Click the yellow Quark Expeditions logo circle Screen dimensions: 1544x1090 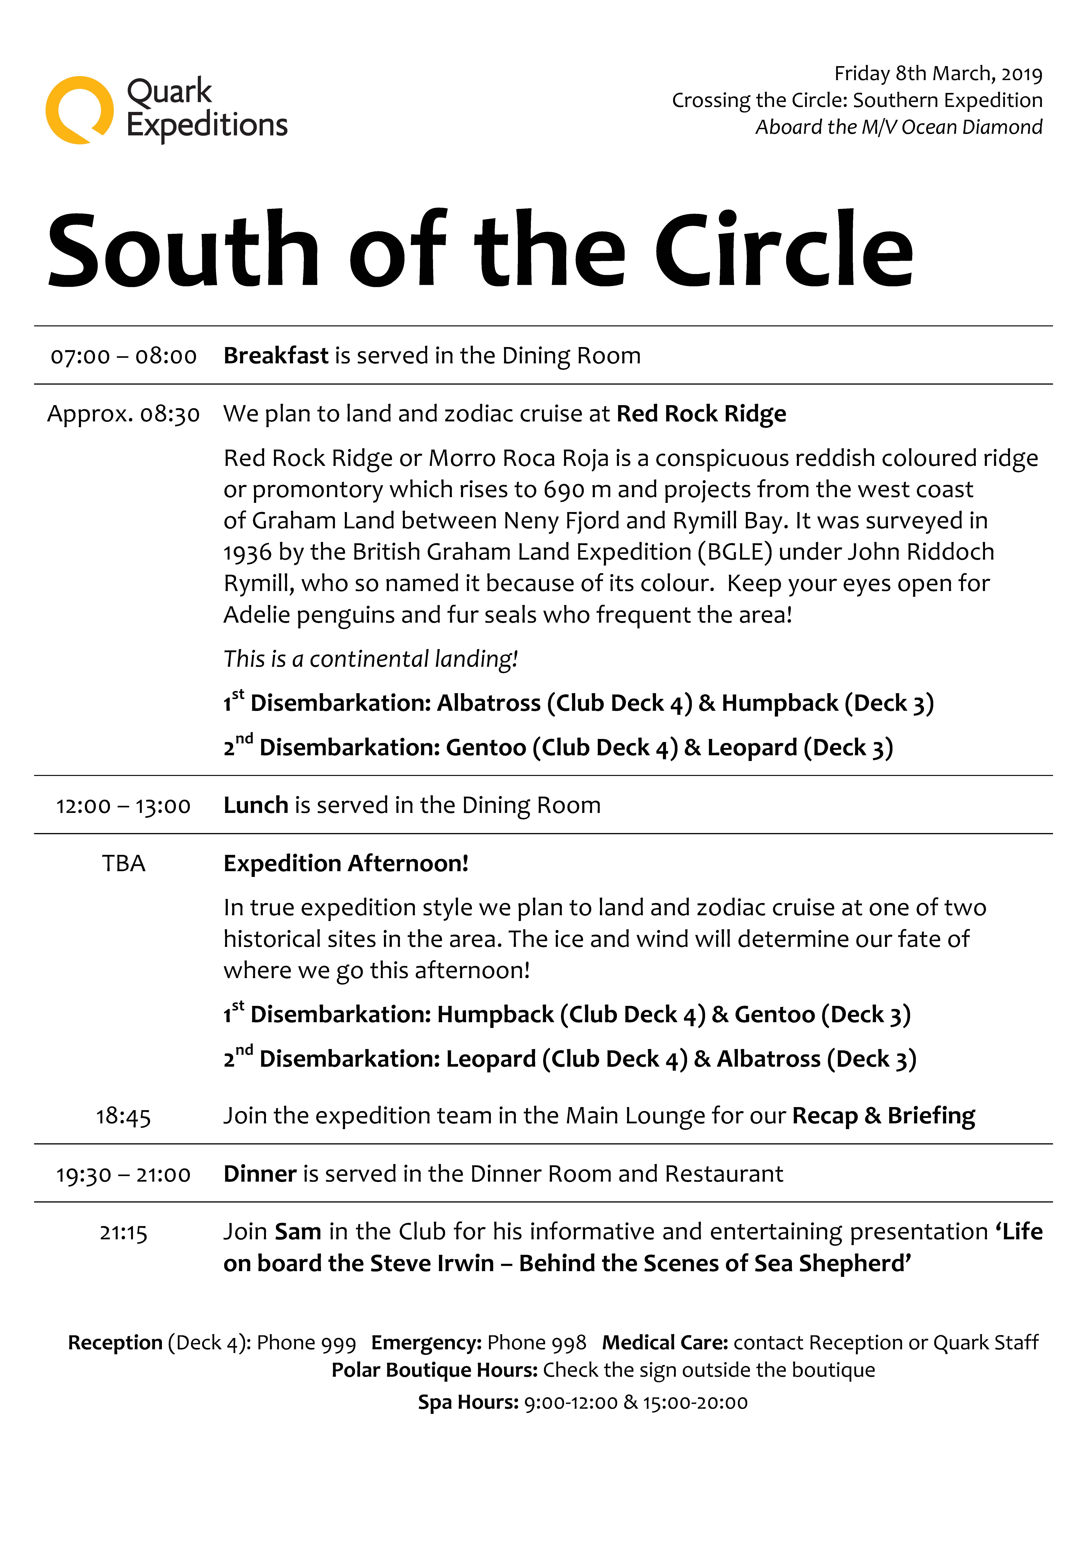[79, 110]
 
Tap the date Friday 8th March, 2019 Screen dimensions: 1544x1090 [938, 73]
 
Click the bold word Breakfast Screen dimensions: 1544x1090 [276, 355]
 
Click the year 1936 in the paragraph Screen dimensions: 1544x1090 [248, 552]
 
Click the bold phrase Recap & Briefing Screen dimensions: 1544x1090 [883, 1116]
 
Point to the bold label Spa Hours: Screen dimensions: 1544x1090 [468, 1402]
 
